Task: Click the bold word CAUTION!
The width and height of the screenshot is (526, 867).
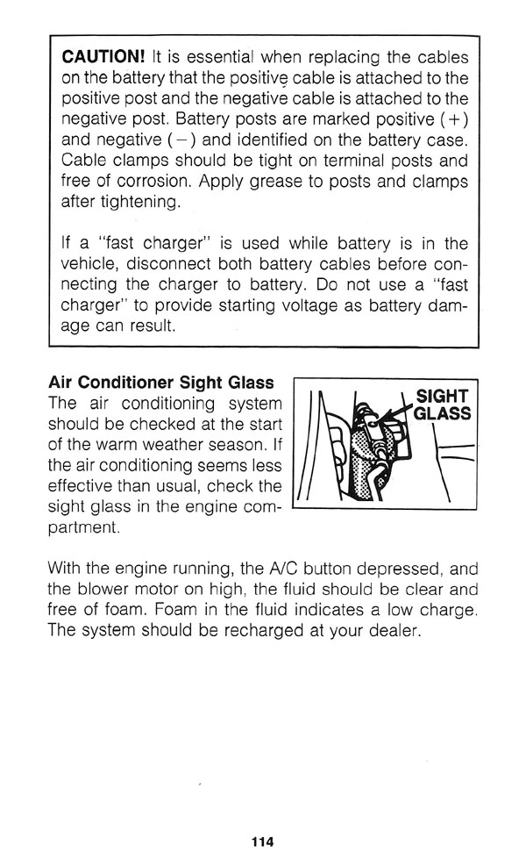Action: pyautogui.click(x=103, y=57)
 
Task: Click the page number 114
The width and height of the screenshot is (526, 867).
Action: pyautogui.click(x=262, y=842)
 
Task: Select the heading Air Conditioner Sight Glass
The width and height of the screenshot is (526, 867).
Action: pyautogui.click(x=160, y=383)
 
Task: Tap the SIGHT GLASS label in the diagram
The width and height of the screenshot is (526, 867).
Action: pyautogui.click(x=442, y=404)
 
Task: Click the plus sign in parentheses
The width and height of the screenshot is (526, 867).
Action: pyautogui.click(x=457, y=120)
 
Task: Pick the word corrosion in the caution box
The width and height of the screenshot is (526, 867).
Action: pyautogui.click(x=152, y=183)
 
